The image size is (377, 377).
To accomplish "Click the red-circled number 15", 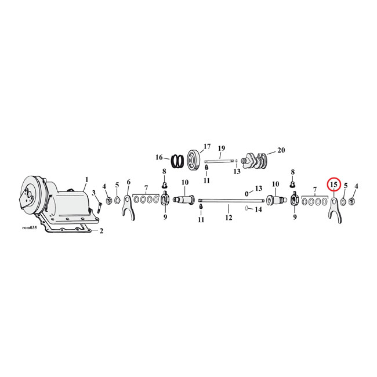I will (x=333, y=184).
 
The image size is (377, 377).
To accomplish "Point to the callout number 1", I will (x=86, y=180).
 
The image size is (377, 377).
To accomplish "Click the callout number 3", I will (x=93, y=193).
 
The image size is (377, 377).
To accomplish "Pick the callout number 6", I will (x=129, y=182).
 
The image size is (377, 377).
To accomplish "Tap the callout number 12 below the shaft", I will (x=229, y=218).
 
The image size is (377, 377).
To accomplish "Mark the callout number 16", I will (x=159, y=157).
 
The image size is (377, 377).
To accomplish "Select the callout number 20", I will (x=281, y=150).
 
